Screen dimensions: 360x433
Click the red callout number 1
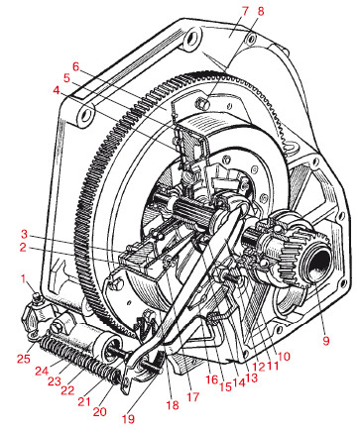point(24,279)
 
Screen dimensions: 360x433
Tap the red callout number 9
point(326,341)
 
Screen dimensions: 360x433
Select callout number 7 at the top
point(245,11)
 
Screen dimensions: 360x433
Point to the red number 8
point(261,11)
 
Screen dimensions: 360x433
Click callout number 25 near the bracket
point(24,359)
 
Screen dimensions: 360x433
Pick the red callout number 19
point(128,419)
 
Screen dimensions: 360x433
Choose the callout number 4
point(57,90)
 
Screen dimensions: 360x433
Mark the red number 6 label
point(76,66)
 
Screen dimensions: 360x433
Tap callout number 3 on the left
point(24,234)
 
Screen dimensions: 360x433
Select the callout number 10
point(284,356)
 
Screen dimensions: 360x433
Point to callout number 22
point(67,390)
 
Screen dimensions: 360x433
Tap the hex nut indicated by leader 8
point(202,103)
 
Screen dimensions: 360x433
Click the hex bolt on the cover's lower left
point(114,284)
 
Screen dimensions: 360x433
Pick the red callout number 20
point(99,411)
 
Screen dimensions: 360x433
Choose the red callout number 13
point(251,378)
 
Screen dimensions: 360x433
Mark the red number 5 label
point(66,78)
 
